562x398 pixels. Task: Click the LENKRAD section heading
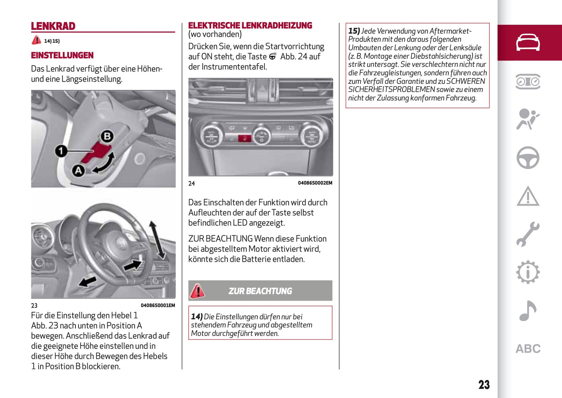click(x=53, y=26)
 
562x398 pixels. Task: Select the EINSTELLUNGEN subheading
click(x=62, y=56)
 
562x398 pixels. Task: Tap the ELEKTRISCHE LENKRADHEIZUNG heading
click(x=250, y=26)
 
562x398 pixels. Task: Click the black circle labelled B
click(x=107, y=136)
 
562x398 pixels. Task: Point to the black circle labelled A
click(x=79, y=170)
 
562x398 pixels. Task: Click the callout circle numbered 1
click(x=61, y=151)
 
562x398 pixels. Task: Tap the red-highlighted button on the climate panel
click(x=244, y=137)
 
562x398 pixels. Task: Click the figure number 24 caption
click(x=192, y=183)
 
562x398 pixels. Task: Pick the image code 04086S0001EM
click(x=158, y=306)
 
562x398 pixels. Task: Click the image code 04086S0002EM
click(x=315, y=183)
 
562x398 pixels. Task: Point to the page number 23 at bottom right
click(x=484, y=385)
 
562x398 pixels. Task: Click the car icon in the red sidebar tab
click(x=528, y=42)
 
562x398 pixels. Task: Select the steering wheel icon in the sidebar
click(x=528, y=158)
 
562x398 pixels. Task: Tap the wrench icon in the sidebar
click(x=528, y=234)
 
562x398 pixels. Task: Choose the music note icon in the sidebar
click(x=528, y=311)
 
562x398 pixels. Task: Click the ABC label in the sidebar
click(x=528, y=349)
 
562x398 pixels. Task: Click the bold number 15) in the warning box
click(x=354, y=31)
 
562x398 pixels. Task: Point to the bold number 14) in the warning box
click(x=197, y=317)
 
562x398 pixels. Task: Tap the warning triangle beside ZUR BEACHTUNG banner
click(x=198, y=291)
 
